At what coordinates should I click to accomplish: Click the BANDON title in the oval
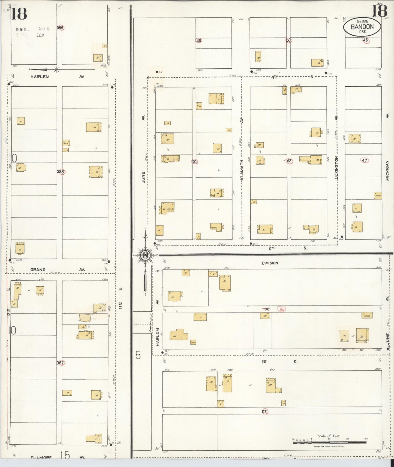click(362, 26)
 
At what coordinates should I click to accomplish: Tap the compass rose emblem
click(145, 255)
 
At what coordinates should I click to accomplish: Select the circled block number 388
click(61, 172)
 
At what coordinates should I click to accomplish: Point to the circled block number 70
click(194, 162)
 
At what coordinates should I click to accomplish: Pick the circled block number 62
click(289, 161)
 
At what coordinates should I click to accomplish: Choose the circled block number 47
click(365, 160)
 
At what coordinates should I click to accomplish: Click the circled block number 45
click(199, 41)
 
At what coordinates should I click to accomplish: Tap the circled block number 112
click(264, 411)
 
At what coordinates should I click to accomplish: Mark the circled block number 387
click(60, 363)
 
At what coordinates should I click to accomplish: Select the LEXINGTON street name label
click(336, 168)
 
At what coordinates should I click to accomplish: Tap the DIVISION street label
click(270, 263)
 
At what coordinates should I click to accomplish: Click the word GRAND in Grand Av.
click(38, 269)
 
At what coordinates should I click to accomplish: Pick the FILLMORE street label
click(41, 457)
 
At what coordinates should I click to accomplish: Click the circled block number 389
click(60, 28)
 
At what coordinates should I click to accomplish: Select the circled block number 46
click(365, 40)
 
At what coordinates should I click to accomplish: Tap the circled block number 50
click(288, 40)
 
